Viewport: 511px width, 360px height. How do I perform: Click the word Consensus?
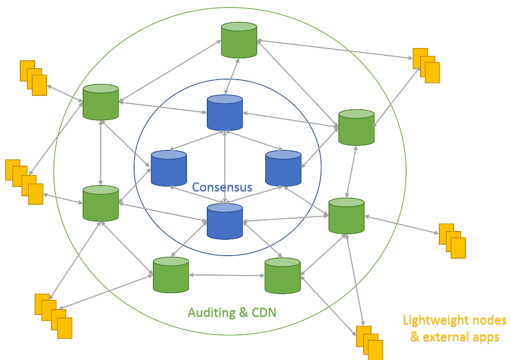pyautogui.click(x=222, y=187)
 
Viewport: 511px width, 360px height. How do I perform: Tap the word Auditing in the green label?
pyautogui.click(x=212, y=313)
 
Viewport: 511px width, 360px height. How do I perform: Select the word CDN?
pyautogui.click(x=264, y=313)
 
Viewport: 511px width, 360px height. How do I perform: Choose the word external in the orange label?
pyautogui.click(x=446, y=337)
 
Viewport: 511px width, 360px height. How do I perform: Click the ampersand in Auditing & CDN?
pyautogui.click(x=243, y=313)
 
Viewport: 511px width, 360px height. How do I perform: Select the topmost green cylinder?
pyautogui.click(x=239, y=40)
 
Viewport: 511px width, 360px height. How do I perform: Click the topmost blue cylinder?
pyautogui.click(x=225, y=112)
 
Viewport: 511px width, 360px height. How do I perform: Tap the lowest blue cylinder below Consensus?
pyautogui.click(x=225, y=221)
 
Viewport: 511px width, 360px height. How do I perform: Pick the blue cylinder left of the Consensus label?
pyautogui.click(x=169, y=168)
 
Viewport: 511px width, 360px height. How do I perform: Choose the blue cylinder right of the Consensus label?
pyautogui.click(x=283, y=168)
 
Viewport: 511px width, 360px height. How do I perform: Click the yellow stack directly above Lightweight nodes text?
pyautogui.click(x=452, y=241)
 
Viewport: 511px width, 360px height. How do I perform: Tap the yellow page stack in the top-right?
pyautogui.click(x=426, y=65)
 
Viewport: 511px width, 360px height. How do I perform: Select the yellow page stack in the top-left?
pyautogui.click(x=33, y=78)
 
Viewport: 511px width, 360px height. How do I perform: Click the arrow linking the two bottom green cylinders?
pyautogui.click(x=227, y=275)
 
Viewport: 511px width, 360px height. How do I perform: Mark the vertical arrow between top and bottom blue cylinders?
pyautogui.click(x=225, y=167)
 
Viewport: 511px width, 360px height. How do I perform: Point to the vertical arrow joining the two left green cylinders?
pyautogui.click(x=101, y=153)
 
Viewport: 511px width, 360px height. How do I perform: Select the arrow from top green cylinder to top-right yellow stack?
pyautogui.click(x=335, y=49)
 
